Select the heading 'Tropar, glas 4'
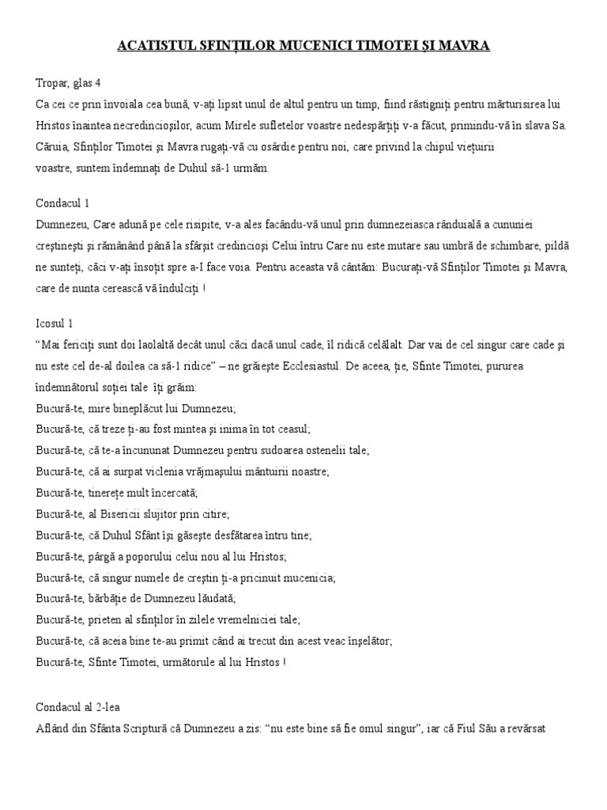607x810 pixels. coord(68,82)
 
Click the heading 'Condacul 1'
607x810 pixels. coord(63,203)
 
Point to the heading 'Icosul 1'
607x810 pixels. coord(57,324)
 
